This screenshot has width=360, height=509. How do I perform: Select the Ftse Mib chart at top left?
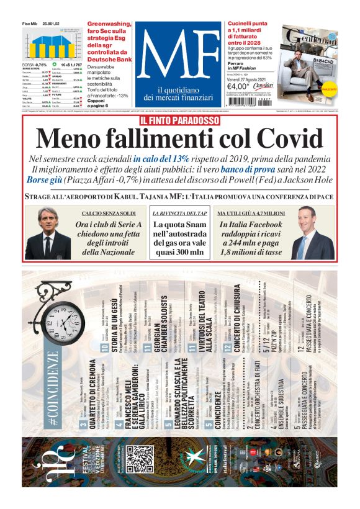point(50,45)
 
